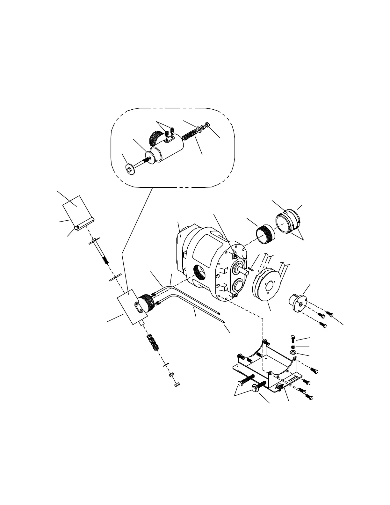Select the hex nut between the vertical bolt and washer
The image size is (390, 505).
(x=292, y=347)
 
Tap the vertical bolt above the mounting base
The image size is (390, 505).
(x=292, y=339)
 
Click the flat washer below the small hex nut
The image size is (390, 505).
(x=292, y=352)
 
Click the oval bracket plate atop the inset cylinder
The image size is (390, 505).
(x=169, y=139)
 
